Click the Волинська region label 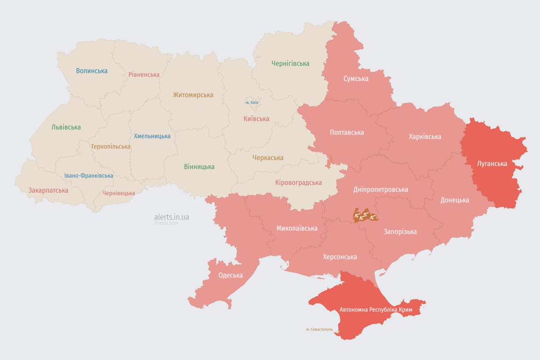click(x=92, y=71)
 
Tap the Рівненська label click(x=144, y=75)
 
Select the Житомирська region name click(x=193, y=95)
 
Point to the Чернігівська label click(x=290, y=63)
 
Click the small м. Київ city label click(x=252, y=102)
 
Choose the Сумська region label click(x=356, y=78)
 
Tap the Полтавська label click(x=347, y=132)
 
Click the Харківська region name click(x=425, y=136)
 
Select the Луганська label click(x=492, y=164)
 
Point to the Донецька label click(x=455, y=200)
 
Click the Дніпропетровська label click(x=381, y=189)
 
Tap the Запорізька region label click(x=400, y=232)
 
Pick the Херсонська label click(x=340, y=256)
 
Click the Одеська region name click(x=231, y=275)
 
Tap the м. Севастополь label click(x=319, y=329)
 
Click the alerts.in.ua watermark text click(x=172, y=217)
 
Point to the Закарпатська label click(x=48, y=190)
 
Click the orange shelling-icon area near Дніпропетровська click(x=365, y=216)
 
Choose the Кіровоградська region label click(x=299, y=182)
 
